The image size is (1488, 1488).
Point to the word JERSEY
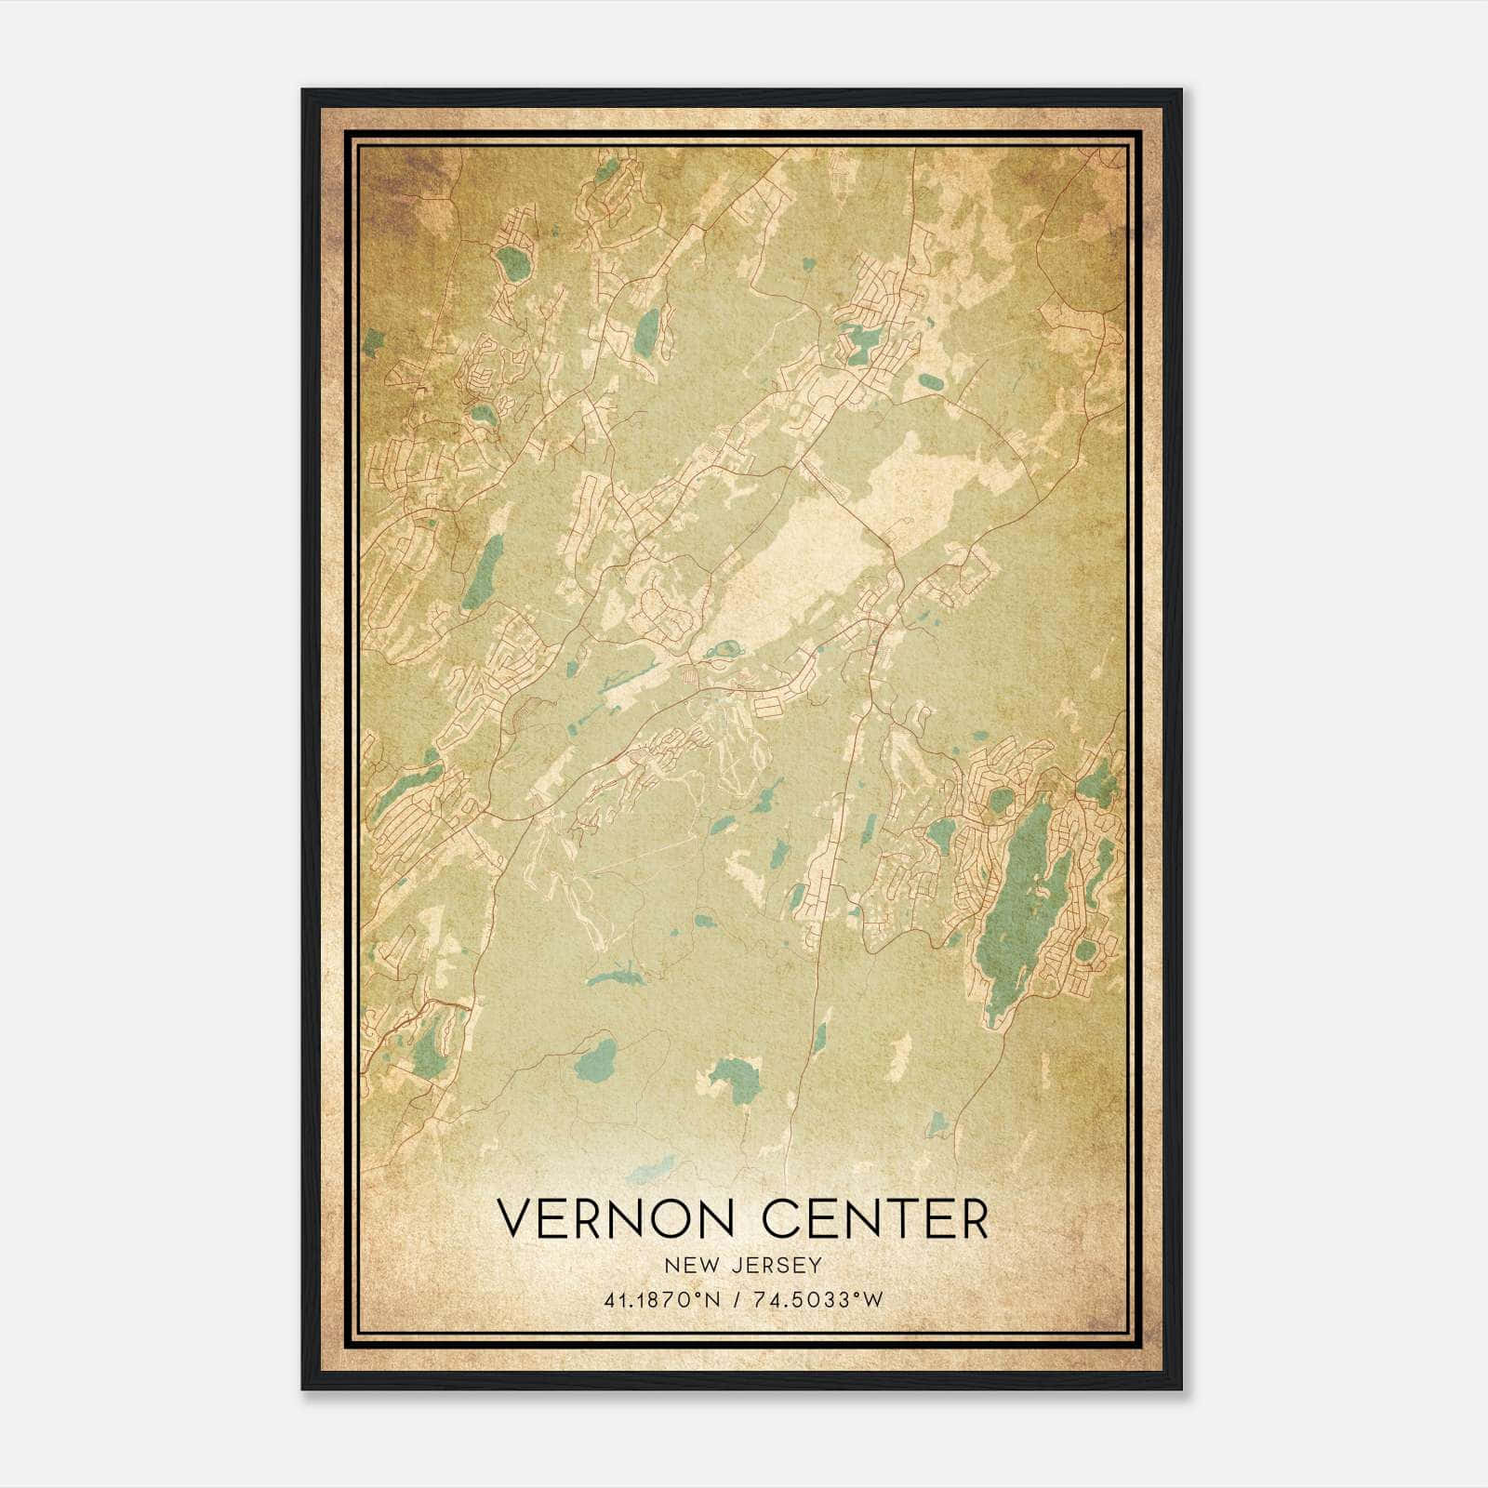pyautogui.click(x=777, y=1265)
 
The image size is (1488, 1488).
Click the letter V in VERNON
pyautogui.click(x=515, y=1218)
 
